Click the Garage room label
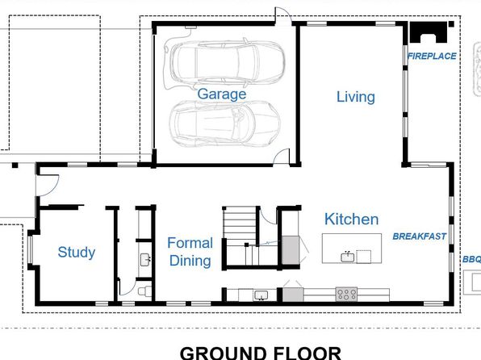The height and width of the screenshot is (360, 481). tap(221, 94)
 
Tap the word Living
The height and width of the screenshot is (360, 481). tap(356, 97)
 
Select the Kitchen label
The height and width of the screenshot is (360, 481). tap(352, 219)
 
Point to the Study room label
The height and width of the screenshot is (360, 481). tap(77, 253)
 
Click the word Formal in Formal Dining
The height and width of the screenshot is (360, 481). tap(190, 243)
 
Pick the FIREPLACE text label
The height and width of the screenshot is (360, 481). tap(432, 57)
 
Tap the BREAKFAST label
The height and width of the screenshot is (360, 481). tap(420, 237)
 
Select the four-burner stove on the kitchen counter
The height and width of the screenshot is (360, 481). tap(346, 294)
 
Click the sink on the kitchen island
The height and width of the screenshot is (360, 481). tap(348, 257)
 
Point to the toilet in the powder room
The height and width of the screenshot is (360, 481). tap(144, 291)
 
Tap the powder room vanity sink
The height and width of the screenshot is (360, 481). tap(144, 260)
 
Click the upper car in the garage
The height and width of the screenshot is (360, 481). tap(228, 64)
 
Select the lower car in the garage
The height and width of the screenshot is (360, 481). tap(224, 123)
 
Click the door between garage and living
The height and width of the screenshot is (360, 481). tap(282, 157)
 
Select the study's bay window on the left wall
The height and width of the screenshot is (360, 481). tap(30, 249)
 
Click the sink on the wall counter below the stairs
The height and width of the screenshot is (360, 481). tap(261, 295)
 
